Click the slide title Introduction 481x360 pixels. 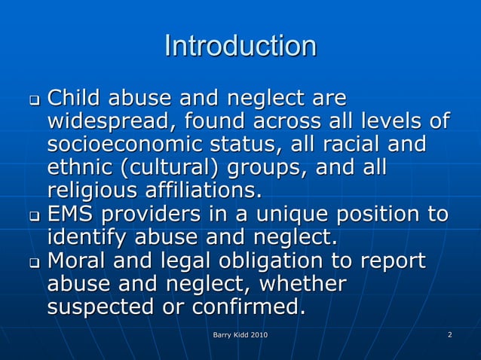pyautogui.click(x=240, y=46)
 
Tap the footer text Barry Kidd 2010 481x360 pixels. pyautogui.click(x=240, y=334)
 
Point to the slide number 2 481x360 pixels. pyautogui.click(x=449, y=334)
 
